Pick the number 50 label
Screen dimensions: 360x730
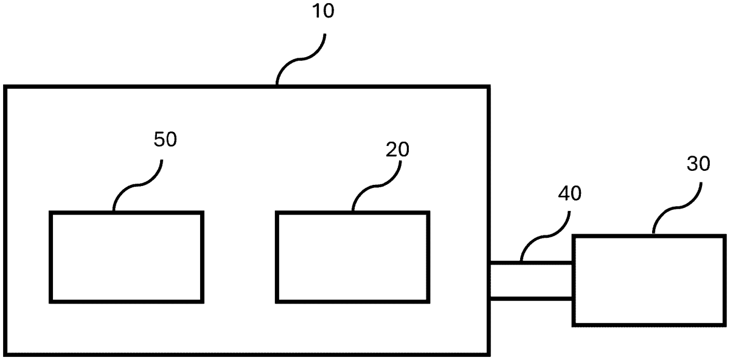tap(165, 139)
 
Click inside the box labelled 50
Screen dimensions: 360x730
tap(126, 256)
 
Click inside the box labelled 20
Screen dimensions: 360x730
tap(352, 256)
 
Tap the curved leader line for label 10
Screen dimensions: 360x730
tap(301, 60)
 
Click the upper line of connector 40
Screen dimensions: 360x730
tap(530, 263)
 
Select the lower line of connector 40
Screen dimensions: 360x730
tap(530, 298)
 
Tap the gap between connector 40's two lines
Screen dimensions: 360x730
tap(530, 280)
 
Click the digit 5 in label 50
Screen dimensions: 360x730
tap(158, 139)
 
